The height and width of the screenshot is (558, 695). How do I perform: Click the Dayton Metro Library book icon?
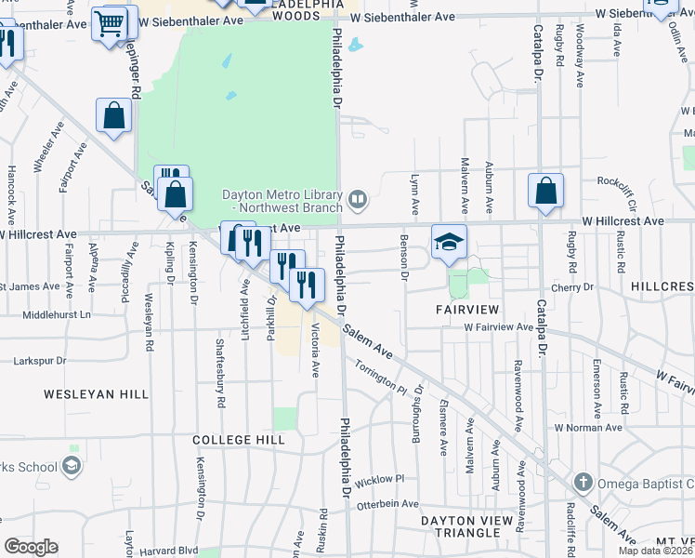[x=357, y=199]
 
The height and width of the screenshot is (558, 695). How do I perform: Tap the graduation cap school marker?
[x=449, y=243]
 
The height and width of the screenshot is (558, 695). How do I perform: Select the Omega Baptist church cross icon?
[x=583, y=483]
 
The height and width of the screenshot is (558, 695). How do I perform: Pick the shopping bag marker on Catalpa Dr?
[x=545, y=191]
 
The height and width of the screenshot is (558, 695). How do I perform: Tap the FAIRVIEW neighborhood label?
[x=470, y=308]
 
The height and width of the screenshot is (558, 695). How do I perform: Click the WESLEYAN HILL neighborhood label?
[x=96, y=394]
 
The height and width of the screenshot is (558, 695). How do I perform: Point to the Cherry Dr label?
[x=572, y=287]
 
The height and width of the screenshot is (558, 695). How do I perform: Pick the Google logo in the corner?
[x=31, y=547]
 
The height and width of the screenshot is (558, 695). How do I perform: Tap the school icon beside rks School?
[x=72, y=466]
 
